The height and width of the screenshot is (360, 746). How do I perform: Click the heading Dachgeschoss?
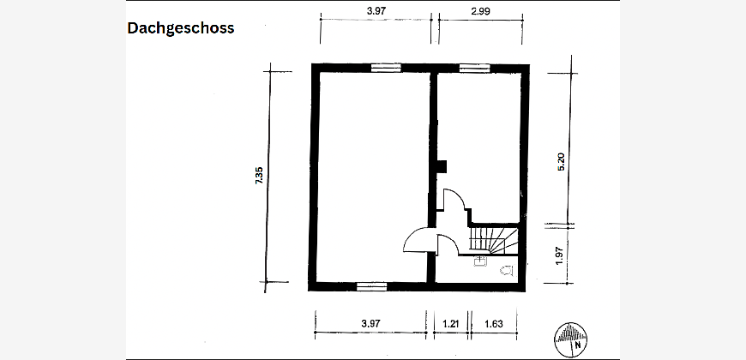pyautogui.click(x=181, y=28)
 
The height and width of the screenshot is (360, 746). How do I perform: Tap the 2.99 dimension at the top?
pyautogui.click(x=480, y=11)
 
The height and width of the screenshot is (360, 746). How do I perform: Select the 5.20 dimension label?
pyautogui.click(x=561, y=162)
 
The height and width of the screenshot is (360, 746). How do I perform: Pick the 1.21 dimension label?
pyautogui.click(x=450, y=324)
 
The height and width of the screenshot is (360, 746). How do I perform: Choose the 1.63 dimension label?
pyautogui.click(x=493, y=324)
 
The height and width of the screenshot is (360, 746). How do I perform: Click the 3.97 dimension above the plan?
pyautogui.click(x=376, y=11)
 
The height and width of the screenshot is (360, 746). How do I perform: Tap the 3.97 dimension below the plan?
pyautogui.click(x=370, y=324)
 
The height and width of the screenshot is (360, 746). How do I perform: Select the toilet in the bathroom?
pyautogui.click(x=507, y=271)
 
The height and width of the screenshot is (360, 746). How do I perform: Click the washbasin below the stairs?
pyautogui.click(x=479, y=262)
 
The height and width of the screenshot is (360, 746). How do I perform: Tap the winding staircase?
pyautogui.click(x=493, y=240)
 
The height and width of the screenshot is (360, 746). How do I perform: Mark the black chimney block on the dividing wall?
pyautogui.click(x=442, y=167)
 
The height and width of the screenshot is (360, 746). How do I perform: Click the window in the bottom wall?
pyautogui.click(x=371, y=286)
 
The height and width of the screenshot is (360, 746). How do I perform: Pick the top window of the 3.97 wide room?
pyautogui.click(x=386, y=68)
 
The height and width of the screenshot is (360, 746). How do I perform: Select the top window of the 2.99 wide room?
pyautogui.click(x=475, y=68)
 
